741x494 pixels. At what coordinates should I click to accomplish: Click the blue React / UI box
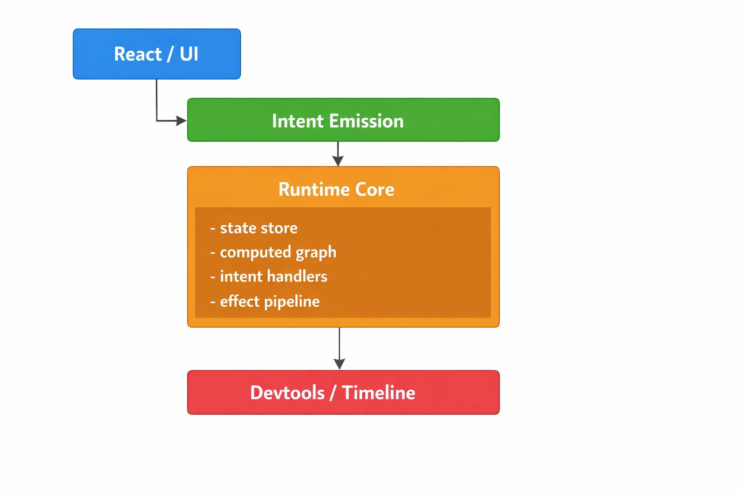point(157,54)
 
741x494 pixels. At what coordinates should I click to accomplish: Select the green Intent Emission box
point(343,120)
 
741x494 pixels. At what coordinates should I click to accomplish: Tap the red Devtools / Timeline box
point(343,392)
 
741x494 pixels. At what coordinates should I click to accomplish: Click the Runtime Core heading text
point(336,190)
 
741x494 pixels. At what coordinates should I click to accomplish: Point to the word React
point(137,54)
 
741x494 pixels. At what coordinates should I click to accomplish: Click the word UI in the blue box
point(189,54)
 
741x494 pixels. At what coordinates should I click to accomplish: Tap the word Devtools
point(287,393)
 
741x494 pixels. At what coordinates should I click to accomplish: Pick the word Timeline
point(378,393)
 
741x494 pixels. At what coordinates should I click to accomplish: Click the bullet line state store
point(258,228)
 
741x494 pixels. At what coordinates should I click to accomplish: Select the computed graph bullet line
point(277,252)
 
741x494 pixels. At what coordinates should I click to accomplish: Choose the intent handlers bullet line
point(273,276)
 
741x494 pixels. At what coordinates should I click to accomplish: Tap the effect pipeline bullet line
point(269,302)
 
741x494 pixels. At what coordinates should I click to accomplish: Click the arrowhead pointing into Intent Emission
point(181,121)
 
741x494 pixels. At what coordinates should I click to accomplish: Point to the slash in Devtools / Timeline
point(333,393)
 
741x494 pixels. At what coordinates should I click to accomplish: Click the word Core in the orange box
point(374,190)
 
